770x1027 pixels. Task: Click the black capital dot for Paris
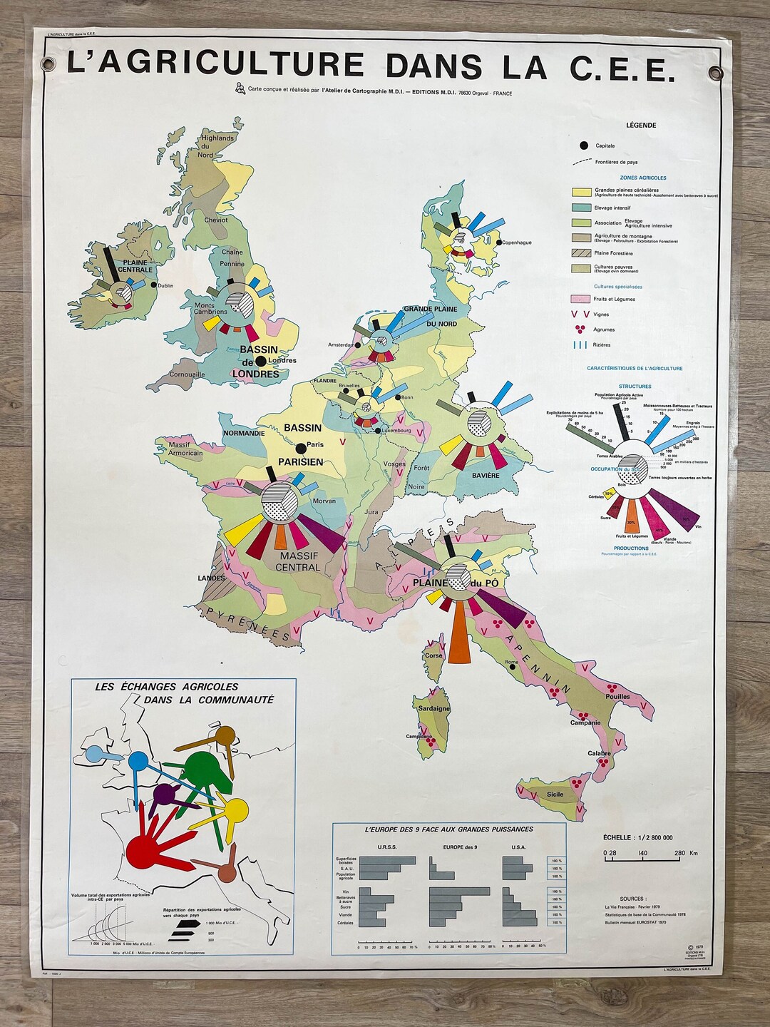click(301, 448)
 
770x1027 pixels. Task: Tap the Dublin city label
click(165, 286)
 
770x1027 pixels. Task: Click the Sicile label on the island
click(555, 794)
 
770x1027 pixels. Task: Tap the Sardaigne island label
click(431, 708)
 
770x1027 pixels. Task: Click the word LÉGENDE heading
click(641, 125)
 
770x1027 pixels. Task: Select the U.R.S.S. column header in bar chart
click(387, 847)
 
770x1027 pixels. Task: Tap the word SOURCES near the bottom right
click(633, 899)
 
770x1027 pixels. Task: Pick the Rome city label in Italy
click(510, 663)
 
